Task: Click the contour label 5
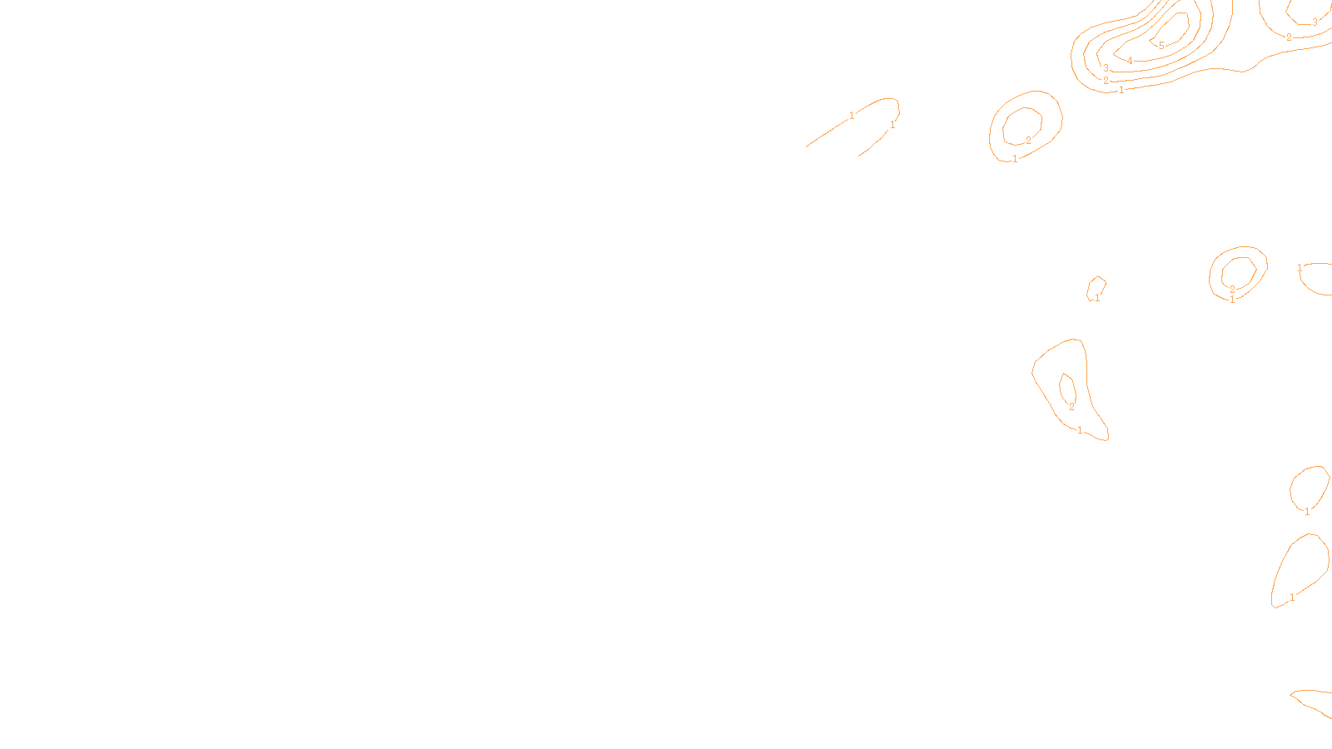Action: [x=1161, y=46]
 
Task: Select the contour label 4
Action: [x=1130, y=61]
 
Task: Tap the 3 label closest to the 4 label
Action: [x=1106, y=68]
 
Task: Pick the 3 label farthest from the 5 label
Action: [x=1315, y=22]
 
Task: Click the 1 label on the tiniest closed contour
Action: [x=1097, y=297]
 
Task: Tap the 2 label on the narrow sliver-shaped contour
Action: [x=1071, y=407]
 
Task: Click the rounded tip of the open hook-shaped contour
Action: [x=897, y=105]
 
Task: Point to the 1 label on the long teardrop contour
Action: [x=1292, y=598]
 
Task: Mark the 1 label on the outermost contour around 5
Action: [x=1121, y=90]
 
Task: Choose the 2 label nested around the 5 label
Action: [x=1106, y=81]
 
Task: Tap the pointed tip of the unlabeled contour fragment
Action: [x=1291, y=693]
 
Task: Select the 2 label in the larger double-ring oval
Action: [x=1028, y=141]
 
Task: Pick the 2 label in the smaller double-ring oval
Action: [x=1232, y=290]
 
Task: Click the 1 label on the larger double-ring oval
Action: [x=1015, y=159]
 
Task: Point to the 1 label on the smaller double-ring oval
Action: [x=1232, y=300]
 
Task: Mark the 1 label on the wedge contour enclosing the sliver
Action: [x=1080, y=430]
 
